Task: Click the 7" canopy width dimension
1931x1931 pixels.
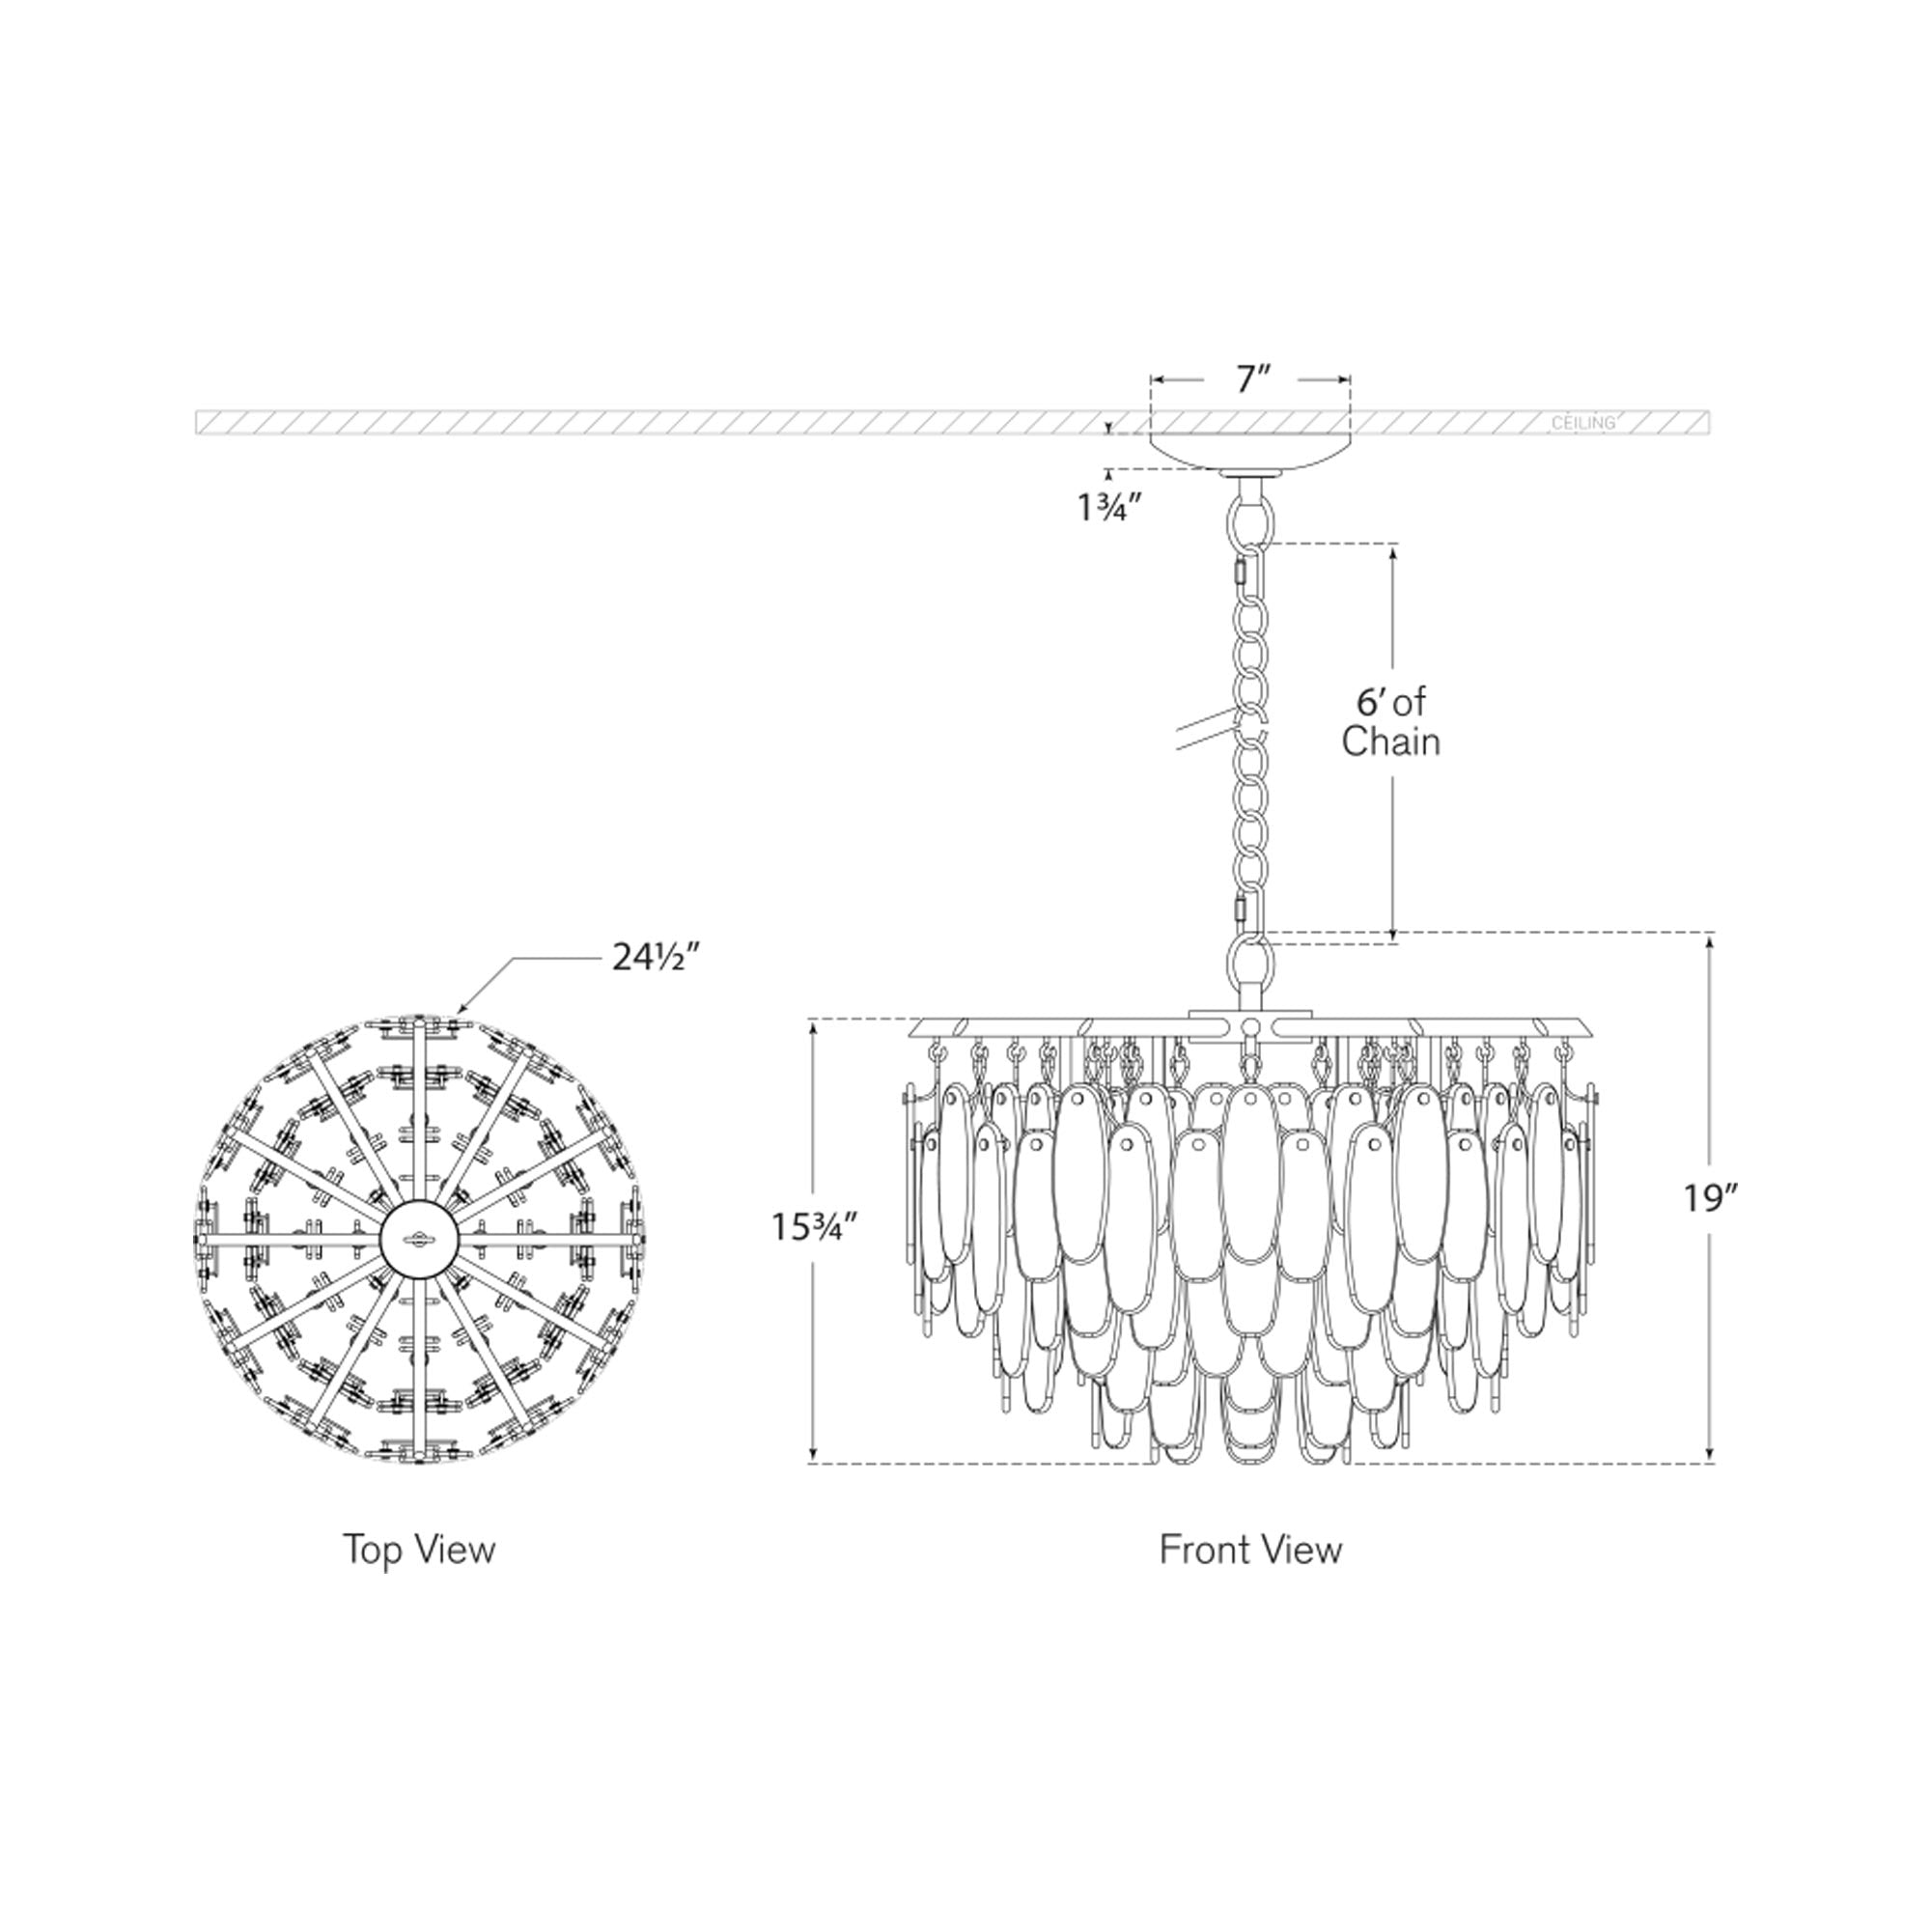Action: (1251, 379)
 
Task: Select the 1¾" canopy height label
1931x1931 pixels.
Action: (1108, 508)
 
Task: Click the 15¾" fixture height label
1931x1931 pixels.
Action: (814, 1226)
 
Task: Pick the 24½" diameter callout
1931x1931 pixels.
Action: (656, 959)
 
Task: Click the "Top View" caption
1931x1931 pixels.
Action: (419, 1550)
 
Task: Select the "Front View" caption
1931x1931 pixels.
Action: (1250, 1551)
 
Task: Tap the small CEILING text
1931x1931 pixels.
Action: (1582, 424)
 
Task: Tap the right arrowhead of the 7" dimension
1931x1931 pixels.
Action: (1345, 379)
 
